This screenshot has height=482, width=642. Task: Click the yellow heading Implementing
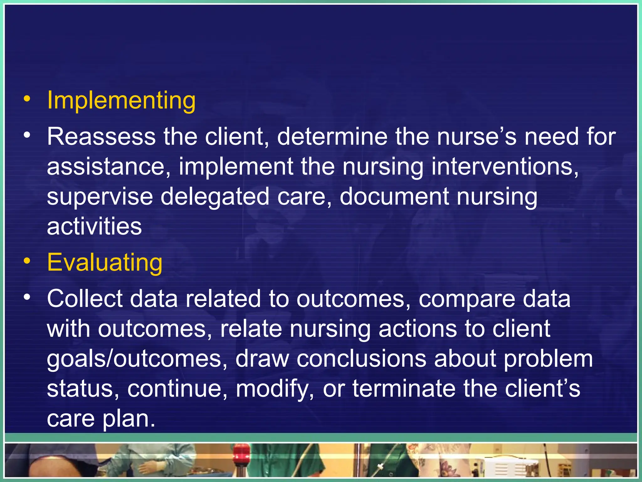[121, 100]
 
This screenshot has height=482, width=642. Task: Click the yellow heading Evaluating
[105, 262]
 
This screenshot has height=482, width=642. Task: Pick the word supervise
[100, 196]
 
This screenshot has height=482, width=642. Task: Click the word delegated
[215, 196]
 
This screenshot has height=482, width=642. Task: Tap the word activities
[94, 226]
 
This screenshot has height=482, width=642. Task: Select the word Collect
[85, 298]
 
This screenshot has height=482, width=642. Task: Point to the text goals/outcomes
[137, 359]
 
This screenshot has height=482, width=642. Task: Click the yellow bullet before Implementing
[27, 99]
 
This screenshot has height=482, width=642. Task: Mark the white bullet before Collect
[27, 297]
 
